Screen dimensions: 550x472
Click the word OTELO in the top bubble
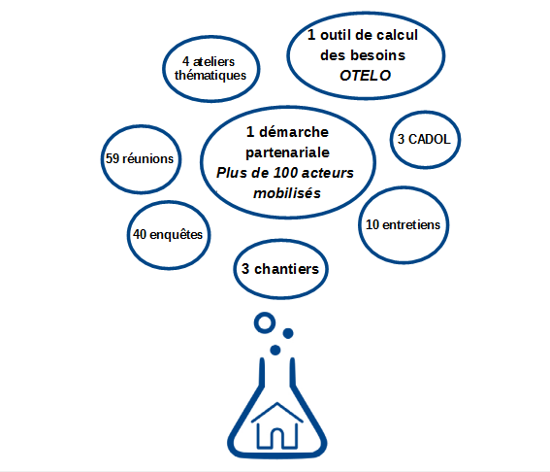pos(365,76)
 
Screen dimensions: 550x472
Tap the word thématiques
pos(210,76)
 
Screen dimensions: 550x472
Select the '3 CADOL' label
pos(424,140)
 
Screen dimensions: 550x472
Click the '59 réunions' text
pos(140,158)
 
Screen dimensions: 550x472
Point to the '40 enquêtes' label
pos(168,235)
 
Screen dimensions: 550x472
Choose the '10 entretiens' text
pos(403,224)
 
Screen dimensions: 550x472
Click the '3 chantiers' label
pos(280,269)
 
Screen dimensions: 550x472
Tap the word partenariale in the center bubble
pos(288,152)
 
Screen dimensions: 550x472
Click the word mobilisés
pos(287,193)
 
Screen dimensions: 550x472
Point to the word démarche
pos(294,132)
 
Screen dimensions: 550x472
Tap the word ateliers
pos(213,62)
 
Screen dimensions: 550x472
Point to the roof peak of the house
pos(277,403)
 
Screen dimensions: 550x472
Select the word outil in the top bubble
pos(337,35)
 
